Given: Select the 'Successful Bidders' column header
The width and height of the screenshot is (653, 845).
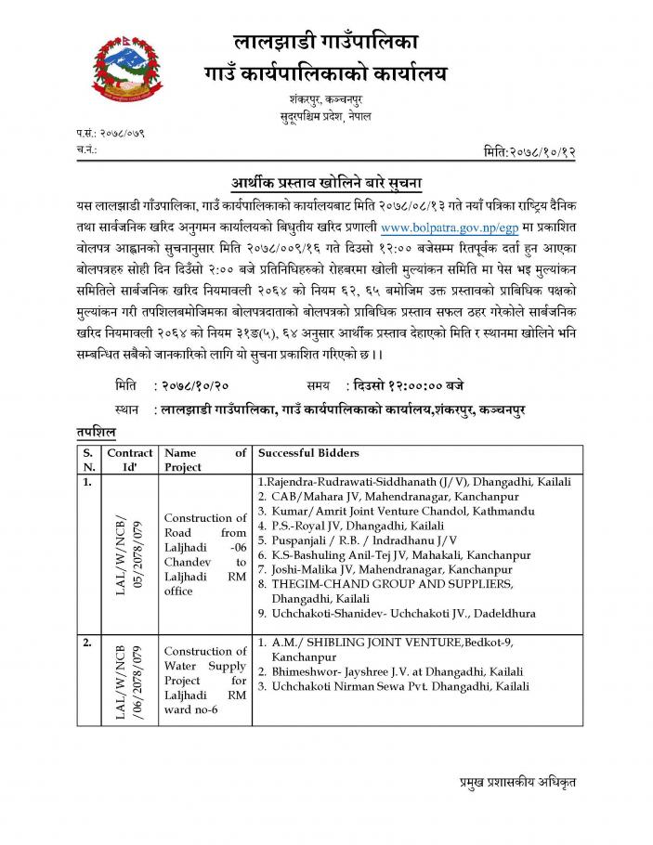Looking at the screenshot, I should [308, 453].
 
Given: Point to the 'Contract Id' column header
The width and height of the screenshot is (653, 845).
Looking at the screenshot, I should [130, 460].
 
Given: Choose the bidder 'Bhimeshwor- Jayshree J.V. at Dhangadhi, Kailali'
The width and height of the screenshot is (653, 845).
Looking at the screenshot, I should [397, 671].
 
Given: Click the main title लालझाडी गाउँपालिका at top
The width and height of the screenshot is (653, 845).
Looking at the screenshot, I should [326, 40].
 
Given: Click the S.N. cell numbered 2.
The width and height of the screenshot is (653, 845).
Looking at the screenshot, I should [88, 642].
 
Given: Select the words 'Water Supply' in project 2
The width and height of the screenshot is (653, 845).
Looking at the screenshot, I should [204, 666].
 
